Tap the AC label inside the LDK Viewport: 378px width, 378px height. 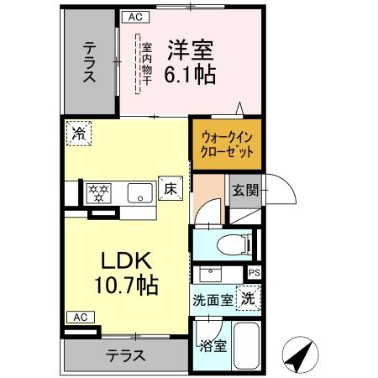click(80, 317)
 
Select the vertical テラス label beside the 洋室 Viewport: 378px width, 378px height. click(89, 63)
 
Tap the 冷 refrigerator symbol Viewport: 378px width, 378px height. click(79, 133)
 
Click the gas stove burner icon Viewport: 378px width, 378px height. click(99, 192)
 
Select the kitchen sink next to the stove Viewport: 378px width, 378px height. click(138, 193)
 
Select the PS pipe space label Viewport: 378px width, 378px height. click(255, 273)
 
